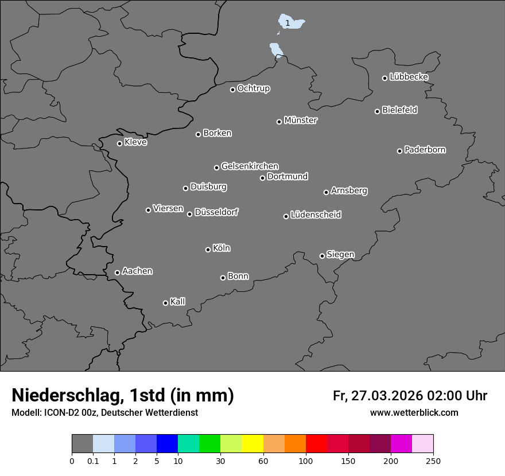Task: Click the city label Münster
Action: click(x=301, y=120)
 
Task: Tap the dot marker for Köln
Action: click(x=208, y=249)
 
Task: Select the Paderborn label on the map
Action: click(x=425, y=150)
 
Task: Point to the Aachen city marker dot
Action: click(x=117, y=272)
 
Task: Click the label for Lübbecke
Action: click(x=409, y=77)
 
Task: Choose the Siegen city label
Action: click(x=340, y=255)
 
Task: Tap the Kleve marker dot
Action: click(x=119, y=143)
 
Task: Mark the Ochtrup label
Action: click(x=254, y=88)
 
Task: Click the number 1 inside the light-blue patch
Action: click(x=288, y=23)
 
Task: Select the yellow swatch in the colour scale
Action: click(x=252, y=444)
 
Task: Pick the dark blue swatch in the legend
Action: click(x=167, y=444)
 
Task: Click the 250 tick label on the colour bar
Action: click(x=433, y=461)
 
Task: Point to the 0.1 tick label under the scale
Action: click(x=93, y=461)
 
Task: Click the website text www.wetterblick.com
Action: click(x=414, y=412)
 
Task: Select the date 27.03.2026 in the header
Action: click(x=385, y=396)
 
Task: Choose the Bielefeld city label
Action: click(x=400, y=110)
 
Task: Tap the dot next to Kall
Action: click(x=165, y=303)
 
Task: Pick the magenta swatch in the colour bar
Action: click(x=401, y=444)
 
